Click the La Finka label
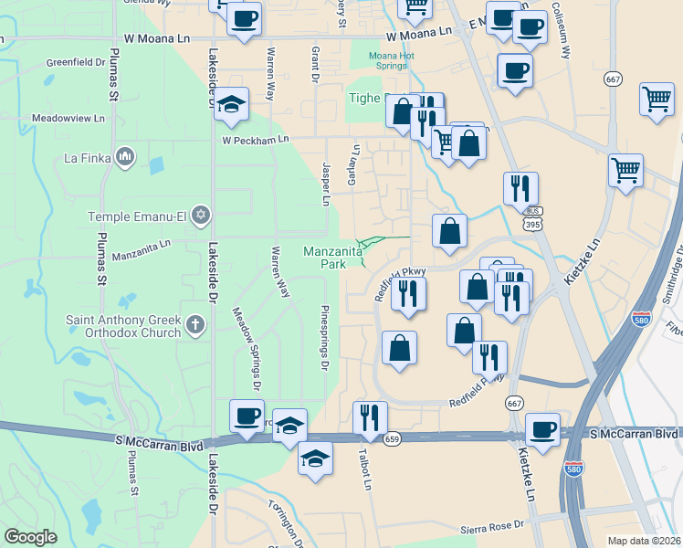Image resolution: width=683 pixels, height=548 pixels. pos(87,158)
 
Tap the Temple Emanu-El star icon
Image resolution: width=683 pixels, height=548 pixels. pos(201,216)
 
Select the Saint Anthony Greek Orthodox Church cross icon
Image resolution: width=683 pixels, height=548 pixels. pos(194,323)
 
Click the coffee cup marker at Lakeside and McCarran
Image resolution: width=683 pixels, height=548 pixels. pos(247,416)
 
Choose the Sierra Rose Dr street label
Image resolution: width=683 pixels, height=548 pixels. pos(492,525)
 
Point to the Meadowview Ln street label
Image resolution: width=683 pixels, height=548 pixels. pos(68,119)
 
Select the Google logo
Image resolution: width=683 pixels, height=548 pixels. pos(30,537)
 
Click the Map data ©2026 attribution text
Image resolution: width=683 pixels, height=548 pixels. pos(644,541)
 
